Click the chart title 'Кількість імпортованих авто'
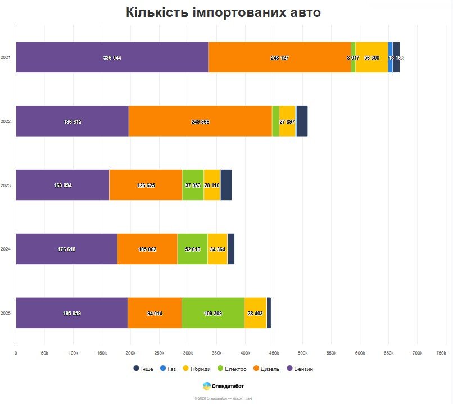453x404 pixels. pyautogui.click(x=223, y=12)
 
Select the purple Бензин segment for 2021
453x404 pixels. pyautogui.click(x=112, y=57)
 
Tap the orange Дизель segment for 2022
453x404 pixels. pyautogui.click(x=200, y=121)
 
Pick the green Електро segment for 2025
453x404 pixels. pyautogui.click(x=212, y=313)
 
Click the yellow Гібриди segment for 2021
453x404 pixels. pyautogui.click(x=372, y=57)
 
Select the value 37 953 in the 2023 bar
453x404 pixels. pyautogui.click(x=193, y=185)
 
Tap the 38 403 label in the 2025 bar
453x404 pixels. pyautogui.click(x=255, y=313)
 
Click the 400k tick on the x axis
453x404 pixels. pyautogui.click(x=245, y=353)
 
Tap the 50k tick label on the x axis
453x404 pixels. pyautogui.click(x=44, y=353)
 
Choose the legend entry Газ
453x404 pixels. pyautogui.click(x=169, y=369)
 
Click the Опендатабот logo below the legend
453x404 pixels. pyautogui.click(x=224, y=386)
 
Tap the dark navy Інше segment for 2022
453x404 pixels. pyautogui.click(x=302, y=121)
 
